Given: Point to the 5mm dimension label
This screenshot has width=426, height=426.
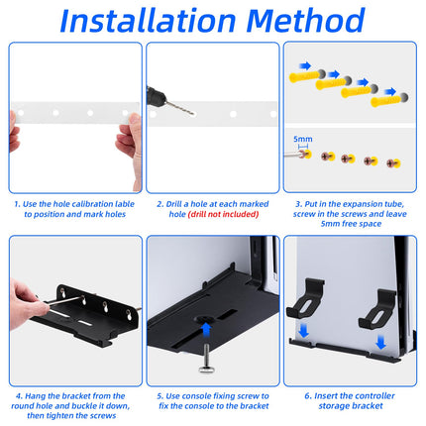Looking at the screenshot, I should [303, 139].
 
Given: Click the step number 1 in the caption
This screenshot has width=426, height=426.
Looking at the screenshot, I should [17, 204].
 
